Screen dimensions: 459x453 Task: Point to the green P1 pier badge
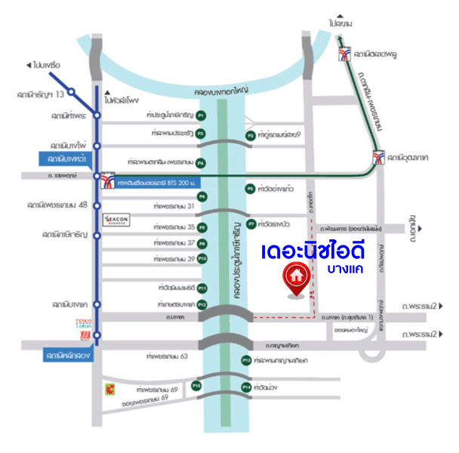coord(202,116)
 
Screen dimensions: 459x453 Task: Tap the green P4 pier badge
coord(202,162)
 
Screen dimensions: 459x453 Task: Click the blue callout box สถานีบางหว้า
coord(66,160)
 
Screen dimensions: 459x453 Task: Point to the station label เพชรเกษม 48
coord(57,205)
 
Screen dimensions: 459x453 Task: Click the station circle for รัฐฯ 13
coord(72,92)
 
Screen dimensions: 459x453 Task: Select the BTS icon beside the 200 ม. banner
coord(108,180)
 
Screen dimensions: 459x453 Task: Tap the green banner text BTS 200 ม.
coord(156,180)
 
